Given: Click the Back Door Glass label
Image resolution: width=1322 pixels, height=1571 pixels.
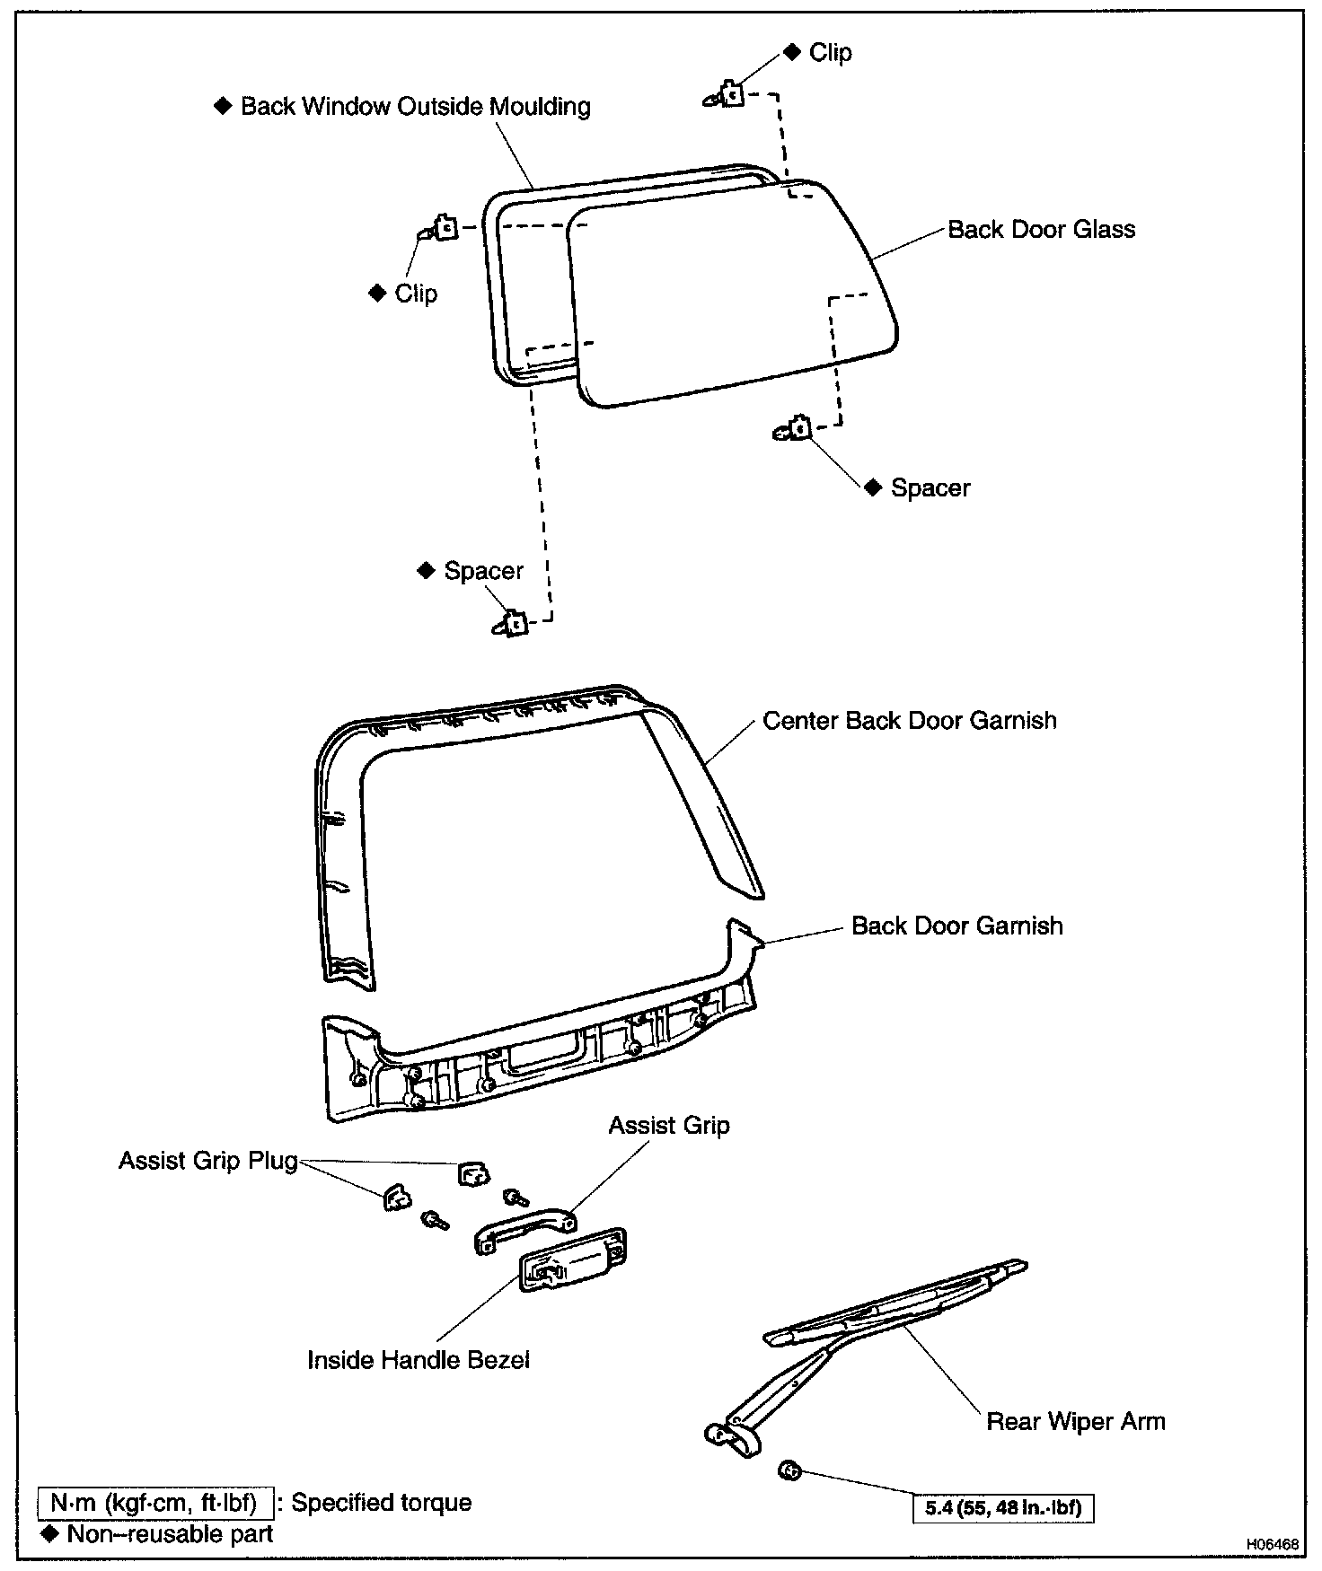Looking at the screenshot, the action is (x=1041, y=230).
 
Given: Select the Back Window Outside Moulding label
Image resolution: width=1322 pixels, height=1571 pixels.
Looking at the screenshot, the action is (x=416, y=107).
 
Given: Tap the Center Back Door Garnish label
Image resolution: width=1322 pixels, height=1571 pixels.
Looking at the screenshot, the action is (x=910, y=721).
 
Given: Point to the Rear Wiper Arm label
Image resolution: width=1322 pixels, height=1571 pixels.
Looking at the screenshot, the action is (x=1076, y=1421).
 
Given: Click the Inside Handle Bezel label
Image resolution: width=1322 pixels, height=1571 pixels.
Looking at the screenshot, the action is (x=419, y=1360).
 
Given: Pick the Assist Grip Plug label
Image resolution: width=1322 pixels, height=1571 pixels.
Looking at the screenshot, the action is (x=208, y=1161).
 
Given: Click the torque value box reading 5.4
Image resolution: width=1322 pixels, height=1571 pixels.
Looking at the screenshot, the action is (x=1003, y=1508).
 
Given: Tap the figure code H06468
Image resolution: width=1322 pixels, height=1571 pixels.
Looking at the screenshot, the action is (x=1272, y=1545).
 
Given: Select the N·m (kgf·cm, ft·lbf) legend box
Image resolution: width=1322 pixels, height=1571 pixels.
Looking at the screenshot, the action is (x=155, y=1502).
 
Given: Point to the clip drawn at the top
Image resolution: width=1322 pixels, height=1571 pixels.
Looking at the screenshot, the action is (x=726, y=94).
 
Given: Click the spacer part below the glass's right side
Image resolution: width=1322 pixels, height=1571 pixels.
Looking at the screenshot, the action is (x=792, y=430).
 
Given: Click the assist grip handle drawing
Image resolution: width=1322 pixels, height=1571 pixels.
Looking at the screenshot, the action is (x=525, y=1227).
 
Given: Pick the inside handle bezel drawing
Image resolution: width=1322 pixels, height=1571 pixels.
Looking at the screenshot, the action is (x=573, y=1259).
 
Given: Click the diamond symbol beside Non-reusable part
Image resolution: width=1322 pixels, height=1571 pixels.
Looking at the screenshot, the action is (x=50, y=1533).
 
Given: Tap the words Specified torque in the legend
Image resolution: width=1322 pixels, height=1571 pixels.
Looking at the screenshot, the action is (x=382, y=1503).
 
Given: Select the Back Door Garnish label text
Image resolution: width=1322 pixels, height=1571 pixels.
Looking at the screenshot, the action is (x=957, y=926).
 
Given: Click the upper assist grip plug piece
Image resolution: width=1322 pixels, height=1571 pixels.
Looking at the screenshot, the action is (x=474, y=1173).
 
